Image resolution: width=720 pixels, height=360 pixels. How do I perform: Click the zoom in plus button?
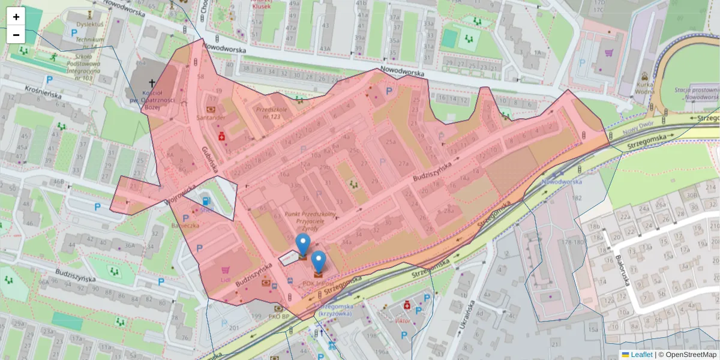16,17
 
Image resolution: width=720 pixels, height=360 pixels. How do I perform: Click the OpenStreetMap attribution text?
690,355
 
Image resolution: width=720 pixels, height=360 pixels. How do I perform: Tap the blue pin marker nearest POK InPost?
319,262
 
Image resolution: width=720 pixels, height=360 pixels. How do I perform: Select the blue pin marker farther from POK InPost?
303,245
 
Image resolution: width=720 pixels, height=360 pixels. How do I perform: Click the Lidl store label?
226,279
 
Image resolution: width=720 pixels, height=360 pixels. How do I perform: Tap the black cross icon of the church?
152,83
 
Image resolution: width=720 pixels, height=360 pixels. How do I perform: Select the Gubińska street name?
211,160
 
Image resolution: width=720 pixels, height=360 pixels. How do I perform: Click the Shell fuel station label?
207,210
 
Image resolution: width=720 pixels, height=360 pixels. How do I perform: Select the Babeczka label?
185,226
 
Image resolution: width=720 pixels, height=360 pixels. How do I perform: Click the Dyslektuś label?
89,25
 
